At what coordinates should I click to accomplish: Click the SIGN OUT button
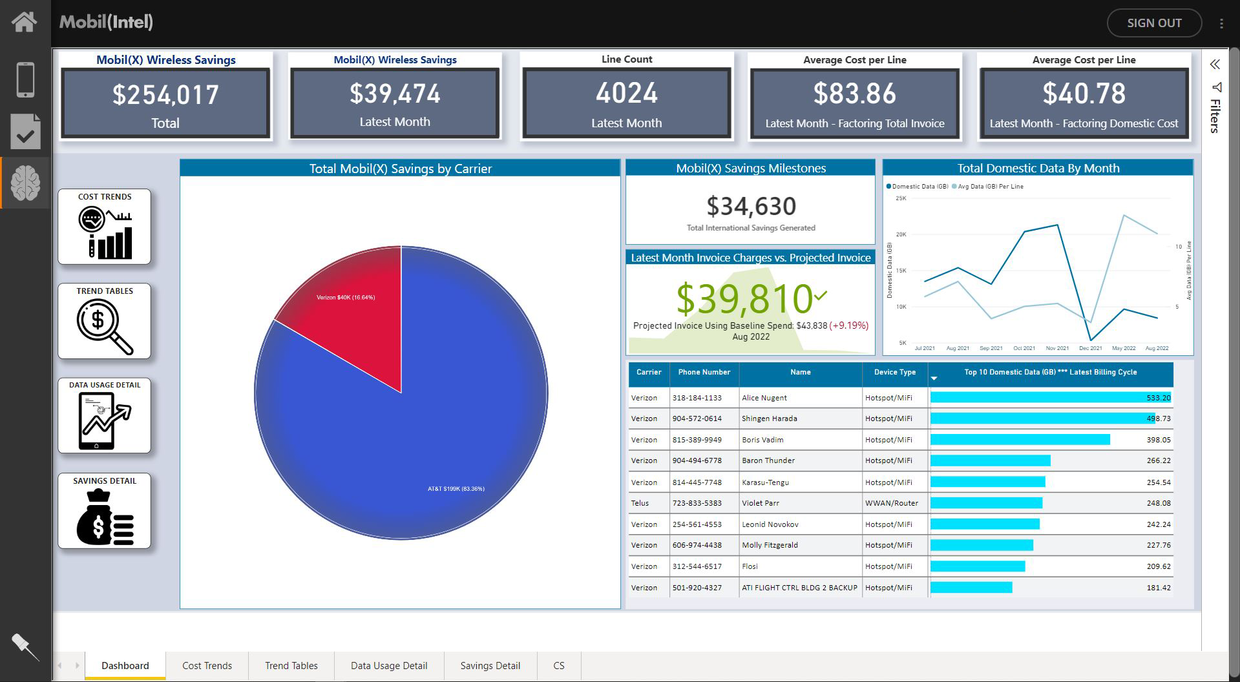pyautogui.click(x=1154, y=23)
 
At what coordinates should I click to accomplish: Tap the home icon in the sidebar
pyautogui.click(x=25, y=22)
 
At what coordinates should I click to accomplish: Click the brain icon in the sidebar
pyautogui.click(x=25, y=183)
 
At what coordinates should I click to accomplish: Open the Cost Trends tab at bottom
pyautogui.click(x=207, y=666)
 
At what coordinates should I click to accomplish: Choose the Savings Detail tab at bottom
pyautogui.click(x=490, y=666)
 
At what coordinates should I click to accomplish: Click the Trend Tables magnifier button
pyautogui.click(x=104, y=321)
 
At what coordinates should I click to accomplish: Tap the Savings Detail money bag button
pyautogui.click(x=104, y=511)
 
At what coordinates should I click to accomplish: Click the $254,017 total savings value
pyautogui.click(x=165, y=95)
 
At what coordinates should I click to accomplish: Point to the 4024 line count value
pyautogui.click(x=626, y=94)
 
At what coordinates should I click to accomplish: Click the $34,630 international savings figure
pyautogui.click(x=751, y=207)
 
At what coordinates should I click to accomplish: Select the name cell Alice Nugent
pyautogui.click(x=764, y=398)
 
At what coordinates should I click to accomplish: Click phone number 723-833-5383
pyautogui.click(x=697, y=503)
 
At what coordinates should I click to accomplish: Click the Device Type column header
pyautogui.click(x=894, y=373)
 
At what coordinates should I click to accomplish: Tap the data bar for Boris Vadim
pyautogui.click(x=1020, y=440)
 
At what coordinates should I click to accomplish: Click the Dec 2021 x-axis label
pyautogui.click(x=1090, y=348)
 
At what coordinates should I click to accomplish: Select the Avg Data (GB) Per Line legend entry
pyautogui.click(x=991, y=187)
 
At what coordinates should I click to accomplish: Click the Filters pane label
pyautogui.click(x=1215, y=116)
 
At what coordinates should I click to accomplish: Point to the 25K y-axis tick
pyautogui.click(x=901, y=198)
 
